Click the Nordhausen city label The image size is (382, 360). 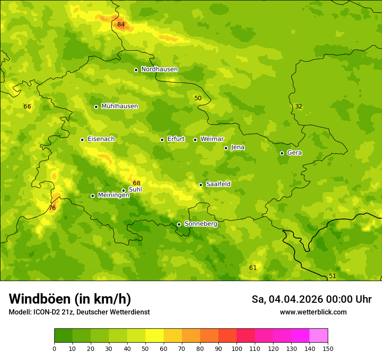coord(159,69)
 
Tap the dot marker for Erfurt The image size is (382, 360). coord(162,140)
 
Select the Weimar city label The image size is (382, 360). coord(212,139)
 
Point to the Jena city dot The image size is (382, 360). coord(226,148)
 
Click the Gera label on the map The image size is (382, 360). coord(294,153)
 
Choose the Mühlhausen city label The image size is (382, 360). coord(119,106)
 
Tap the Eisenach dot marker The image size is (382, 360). coord(82,140)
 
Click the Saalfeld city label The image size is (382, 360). coord(218,184)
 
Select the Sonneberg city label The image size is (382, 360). coord(201,224)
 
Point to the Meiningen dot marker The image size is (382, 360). coord(92,196)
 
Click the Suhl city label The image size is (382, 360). coord(135,190)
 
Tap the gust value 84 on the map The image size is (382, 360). coord(121,25)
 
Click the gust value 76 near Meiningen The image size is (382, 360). coord(52,208)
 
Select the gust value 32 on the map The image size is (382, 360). coord(299,107)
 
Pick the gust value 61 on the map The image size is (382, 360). coord(253,268)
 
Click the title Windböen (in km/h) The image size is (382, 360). coord(70,299)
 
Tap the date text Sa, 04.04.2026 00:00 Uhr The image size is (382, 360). coord(311,299)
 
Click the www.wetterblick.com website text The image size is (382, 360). coord(313,312)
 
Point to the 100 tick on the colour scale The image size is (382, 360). coord(237,348)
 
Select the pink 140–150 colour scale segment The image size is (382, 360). coord(319,336)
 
